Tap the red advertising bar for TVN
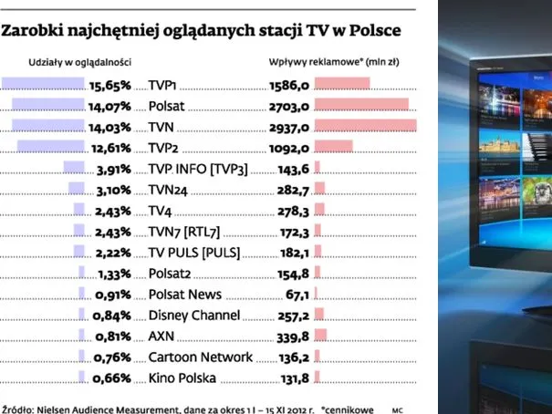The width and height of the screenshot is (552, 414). [x=365, y=126]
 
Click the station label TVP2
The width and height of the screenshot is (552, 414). [x=165, y=148]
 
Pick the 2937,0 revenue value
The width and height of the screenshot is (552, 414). [x=291, y=127]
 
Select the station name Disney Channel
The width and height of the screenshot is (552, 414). [x=194, y=316]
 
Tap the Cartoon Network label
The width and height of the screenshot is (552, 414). [x=201, y=357]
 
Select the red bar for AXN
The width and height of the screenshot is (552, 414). [x=320, y=336]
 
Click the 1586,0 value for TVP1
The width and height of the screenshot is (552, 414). [x=291, y=85]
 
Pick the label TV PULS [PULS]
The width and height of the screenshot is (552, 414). [x=194, y=253]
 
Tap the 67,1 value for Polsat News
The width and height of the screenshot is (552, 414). [x=299, y=295]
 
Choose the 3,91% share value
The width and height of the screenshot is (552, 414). [x=114, y=169]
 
